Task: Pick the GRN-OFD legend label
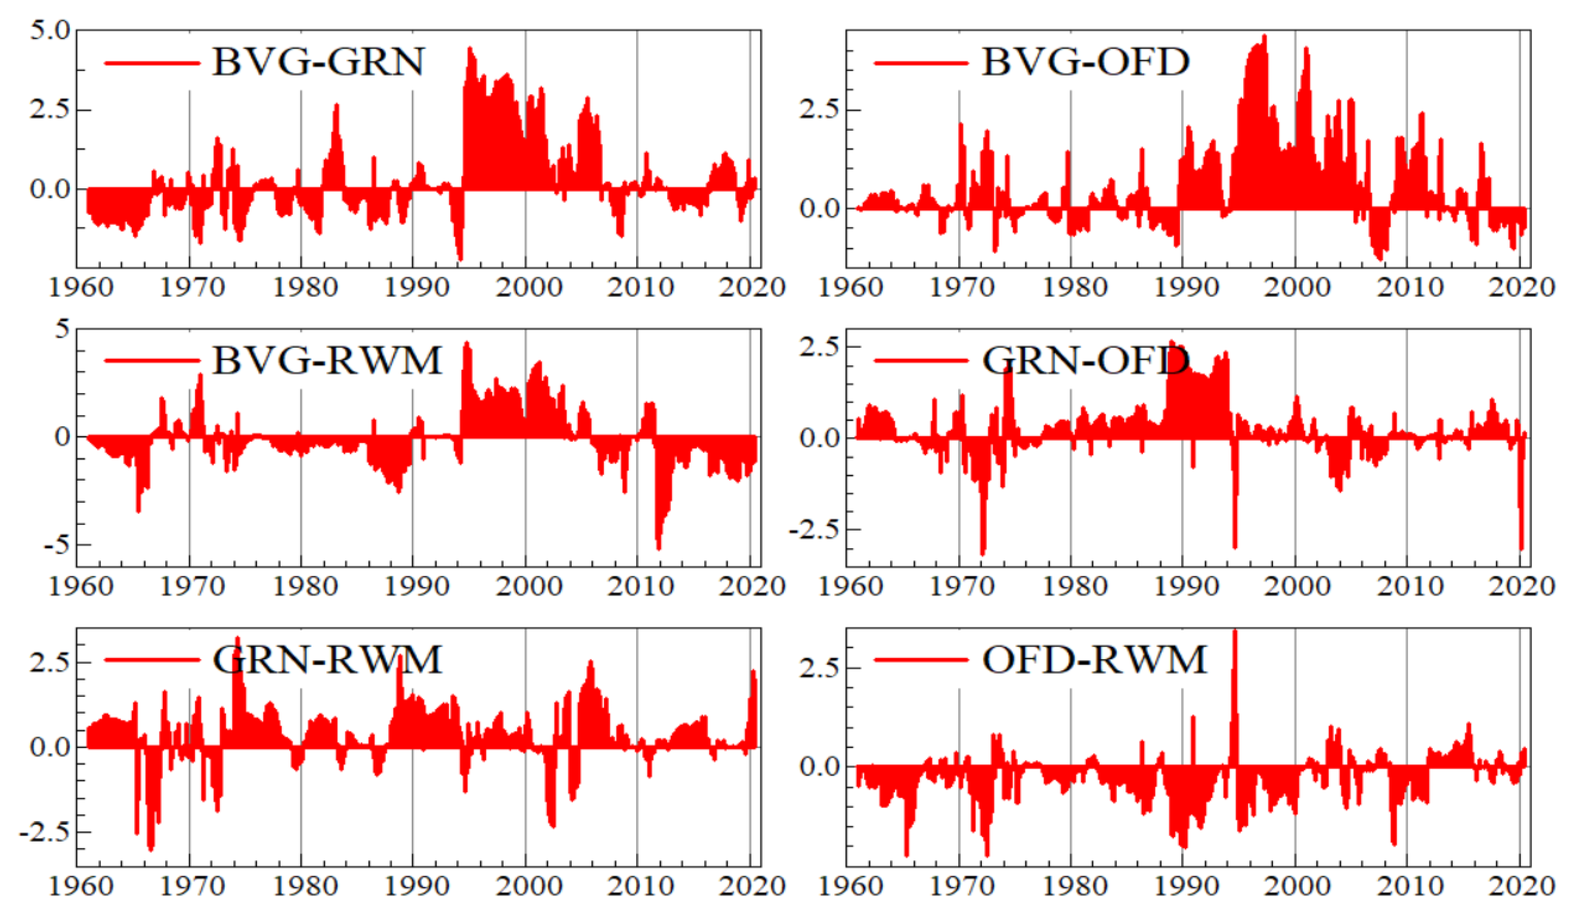click(1085, 361)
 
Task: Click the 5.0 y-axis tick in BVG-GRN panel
click(50, 30)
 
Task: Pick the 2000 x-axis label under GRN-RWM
click(529, 886)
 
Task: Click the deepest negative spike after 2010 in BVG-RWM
click(658, 547)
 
